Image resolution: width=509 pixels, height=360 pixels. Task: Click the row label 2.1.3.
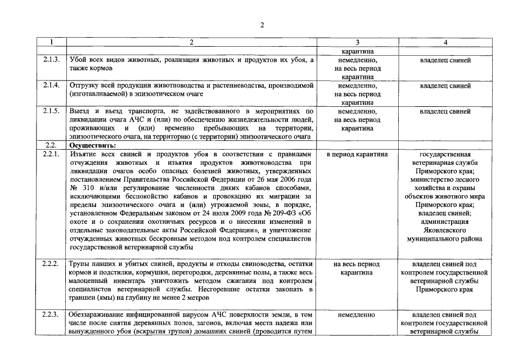pyautogui.click(x=51, y=60)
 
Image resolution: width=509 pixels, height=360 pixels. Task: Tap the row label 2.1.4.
pyautogui.click(x=51, y=85)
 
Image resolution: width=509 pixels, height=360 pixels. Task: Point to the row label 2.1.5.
pyautogui.click(x=51, y=111)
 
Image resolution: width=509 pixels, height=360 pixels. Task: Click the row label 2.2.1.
pyautogui.click(x=51, y=154)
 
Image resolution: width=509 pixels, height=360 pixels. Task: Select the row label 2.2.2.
pyautogui.click(x=51, y=264)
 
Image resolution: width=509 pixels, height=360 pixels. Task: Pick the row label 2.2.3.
pyautogui.click(x=51, y=315)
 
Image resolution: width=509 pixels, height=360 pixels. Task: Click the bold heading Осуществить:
pyautogui.click(x=89, y=145)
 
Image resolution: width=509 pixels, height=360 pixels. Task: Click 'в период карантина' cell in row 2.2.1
pyautogui.click(x=357, y=154)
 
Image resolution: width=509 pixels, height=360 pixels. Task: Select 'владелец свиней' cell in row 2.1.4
pyautogui.click(x=445, y=86)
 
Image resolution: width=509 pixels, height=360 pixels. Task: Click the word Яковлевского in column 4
pyautogui.click(x=445, y=230)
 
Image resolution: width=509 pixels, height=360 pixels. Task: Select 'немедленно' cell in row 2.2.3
pyautogui.click(x=357, y=315)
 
